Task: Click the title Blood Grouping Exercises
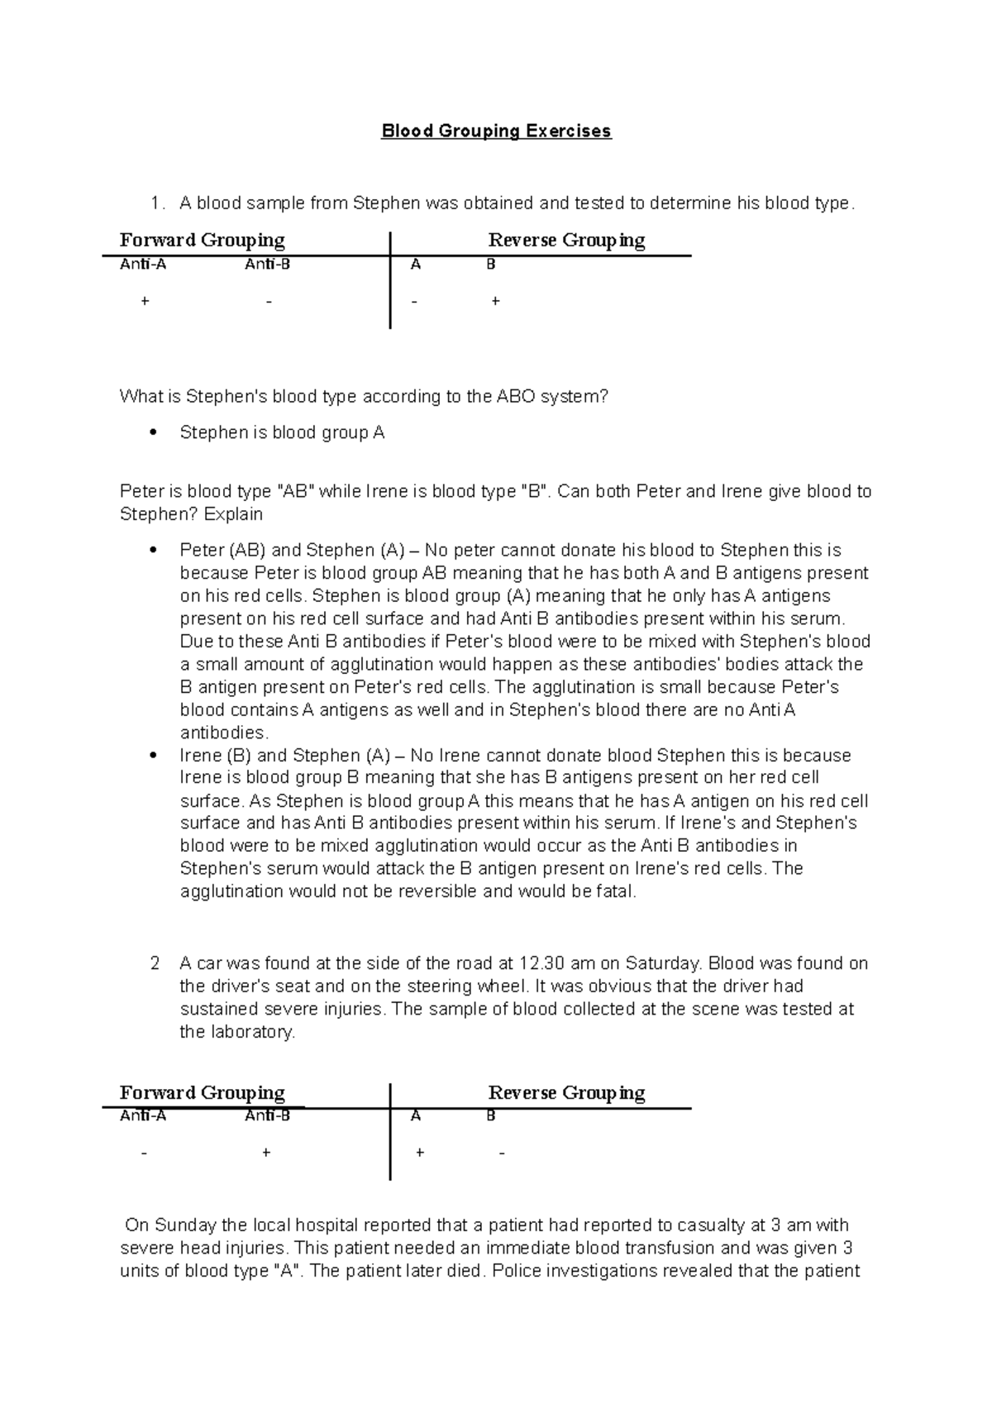496,131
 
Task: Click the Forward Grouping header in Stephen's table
202,241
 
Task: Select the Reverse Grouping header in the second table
566,1093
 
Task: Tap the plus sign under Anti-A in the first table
145,302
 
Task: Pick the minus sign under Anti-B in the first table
269,302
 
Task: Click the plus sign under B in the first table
495,302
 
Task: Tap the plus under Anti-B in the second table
266,1153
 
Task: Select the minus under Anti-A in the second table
145,1153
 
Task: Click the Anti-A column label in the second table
143,1115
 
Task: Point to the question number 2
155,963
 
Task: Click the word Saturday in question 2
663,963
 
